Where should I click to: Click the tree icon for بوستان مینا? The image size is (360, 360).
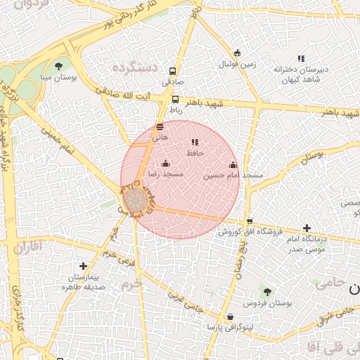58,66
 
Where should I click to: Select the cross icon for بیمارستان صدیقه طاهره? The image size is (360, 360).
84,266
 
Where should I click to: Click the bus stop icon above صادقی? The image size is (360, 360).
172,72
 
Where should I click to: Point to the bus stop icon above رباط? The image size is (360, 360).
175,100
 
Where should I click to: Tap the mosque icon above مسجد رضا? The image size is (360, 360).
166,164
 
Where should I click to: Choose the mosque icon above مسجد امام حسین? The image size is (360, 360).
233,165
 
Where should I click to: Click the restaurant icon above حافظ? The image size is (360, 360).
195,143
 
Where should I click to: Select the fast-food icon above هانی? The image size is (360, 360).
160,127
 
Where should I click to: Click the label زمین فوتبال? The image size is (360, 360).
238,64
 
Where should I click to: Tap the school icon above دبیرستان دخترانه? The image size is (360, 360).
301,58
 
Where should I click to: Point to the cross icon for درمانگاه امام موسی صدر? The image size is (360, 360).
307,228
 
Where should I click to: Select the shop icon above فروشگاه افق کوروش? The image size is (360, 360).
250,221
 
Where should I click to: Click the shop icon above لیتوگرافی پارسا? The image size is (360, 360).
231,317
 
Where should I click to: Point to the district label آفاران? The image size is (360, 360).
27,247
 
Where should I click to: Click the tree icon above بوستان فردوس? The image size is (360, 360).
266,291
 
